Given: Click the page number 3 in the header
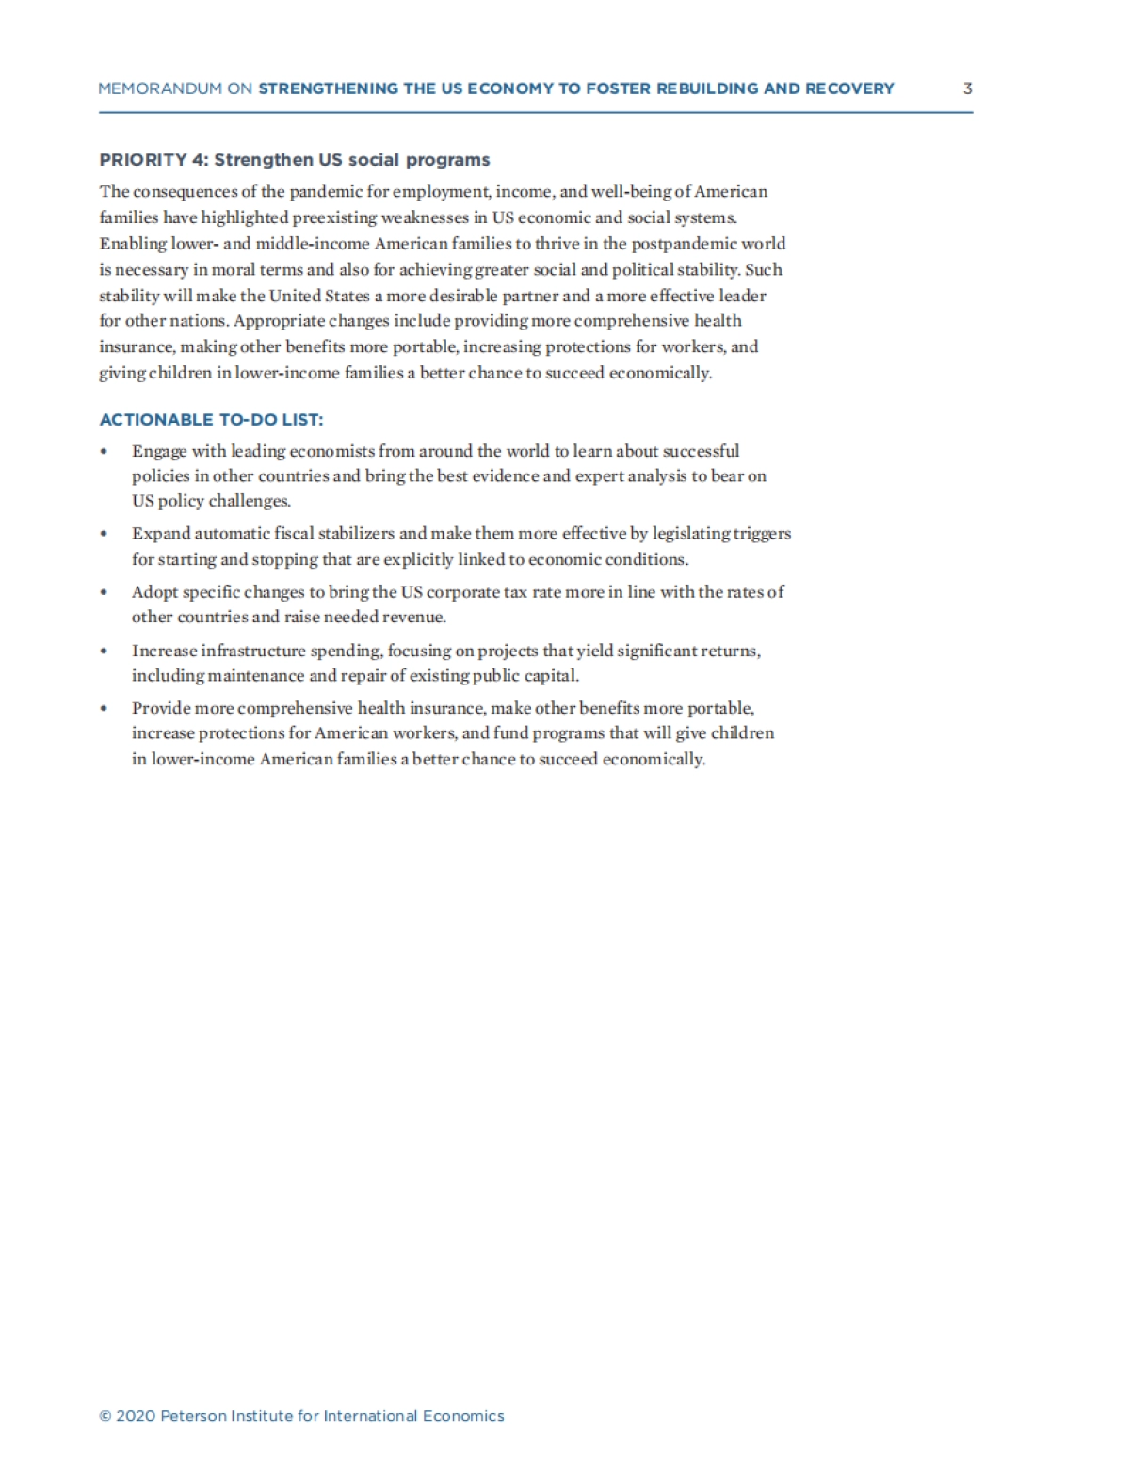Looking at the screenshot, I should point(967,88).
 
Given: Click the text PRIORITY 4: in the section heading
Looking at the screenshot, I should point(153,160).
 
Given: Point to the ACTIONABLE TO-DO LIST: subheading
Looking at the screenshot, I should point(211,420).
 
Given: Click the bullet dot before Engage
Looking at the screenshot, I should point(104,452).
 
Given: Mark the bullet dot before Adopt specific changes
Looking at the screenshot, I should point(104,593).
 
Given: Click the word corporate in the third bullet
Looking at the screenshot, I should point(466,592).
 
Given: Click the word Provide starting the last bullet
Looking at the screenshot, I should point(161,708).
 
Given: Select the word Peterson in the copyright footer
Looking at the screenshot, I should point(193,1416).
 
